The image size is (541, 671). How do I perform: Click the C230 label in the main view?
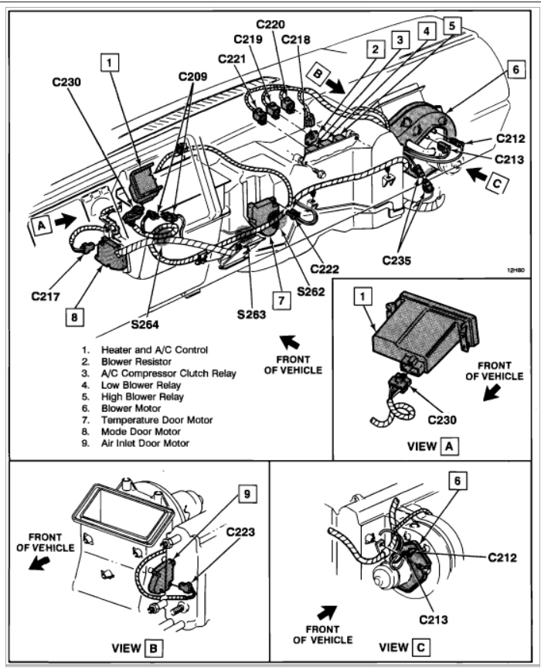coord(70,80)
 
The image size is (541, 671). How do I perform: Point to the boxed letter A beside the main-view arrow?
coord(39,223)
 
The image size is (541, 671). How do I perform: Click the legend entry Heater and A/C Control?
coord(153,349)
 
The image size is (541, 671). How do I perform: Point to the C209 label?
coord(193,77)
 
